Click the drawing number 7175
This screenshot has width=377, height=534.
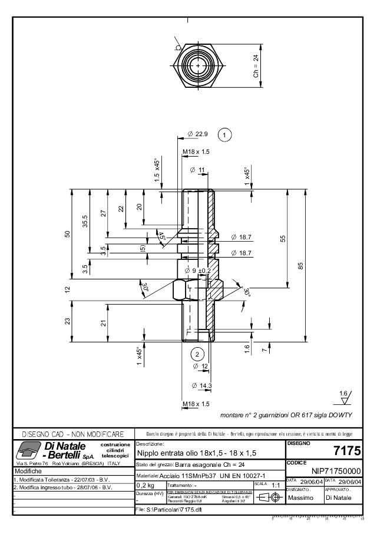click(x=346, y=451)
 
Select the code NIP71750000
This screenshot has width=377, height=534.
click(x=336, y=472)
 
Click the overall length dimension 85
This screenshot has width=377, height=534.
click(x=300, y=266)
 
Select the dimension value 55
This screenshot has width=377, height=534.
click(x=283, y=238)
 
